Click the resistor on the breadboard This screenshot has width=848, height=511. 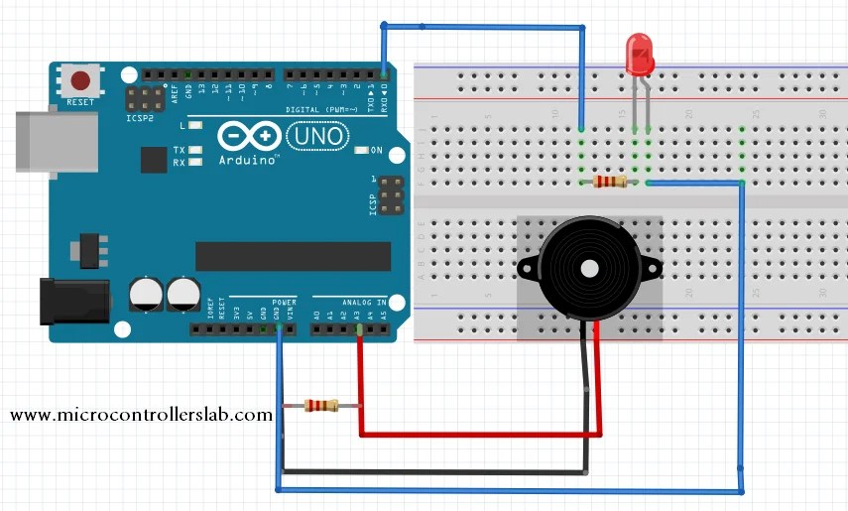point(608,182)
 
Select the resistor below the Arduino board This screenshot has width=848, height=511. point(320,405)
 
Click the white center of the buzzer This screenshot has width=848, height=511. point(588,268)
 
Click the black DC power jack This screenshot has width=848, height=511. point(71,301)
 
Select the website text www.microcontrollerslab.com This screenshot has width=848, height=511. point(141,415)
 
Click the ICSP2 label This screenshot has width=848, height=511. point(141,117)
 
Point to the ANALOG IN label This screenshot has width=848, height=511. point(349,302)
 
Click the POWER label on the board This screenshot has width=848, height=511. point(284,302)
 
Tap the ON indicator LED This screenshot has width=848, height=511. point(361,150)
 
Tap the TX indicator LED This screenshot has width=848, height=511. point(196,150)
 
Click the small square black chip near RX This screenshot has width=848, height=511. point(154,159)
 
